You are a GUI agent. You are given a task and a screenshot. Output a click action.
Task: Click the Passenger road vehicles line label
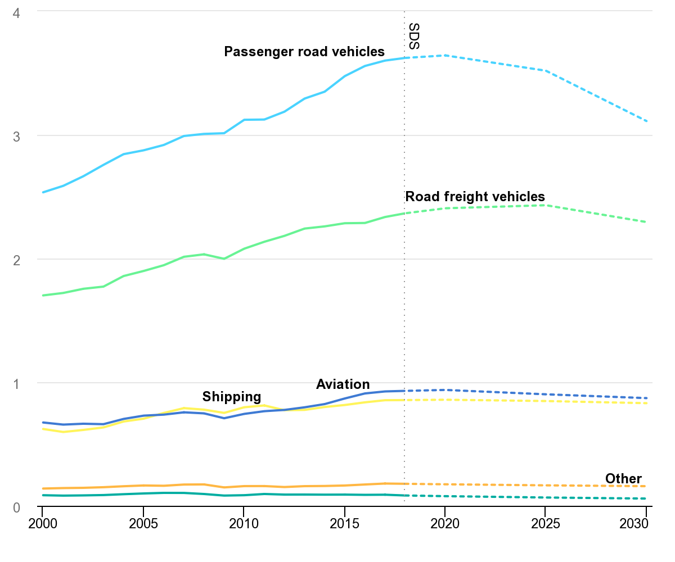(x=304, y=52)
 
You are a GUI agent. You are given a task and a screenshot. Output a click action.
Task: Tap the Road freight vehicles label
(x=475, y=197)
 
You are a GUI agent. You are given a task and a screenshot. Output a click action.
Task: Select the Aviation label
(x=343, y=384)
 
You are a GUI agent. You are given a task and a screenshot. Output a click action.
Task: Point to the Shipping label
(x=232, y=396)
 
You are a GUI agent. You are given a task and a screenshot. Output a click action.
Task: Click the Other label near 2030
(x=623, y=479)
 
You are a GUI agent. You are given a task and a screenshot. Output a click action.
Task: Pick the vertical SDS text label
(x=414, y=37)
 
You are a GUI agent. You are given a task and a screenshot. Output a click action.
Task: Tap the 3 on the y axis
(x=16, y=136)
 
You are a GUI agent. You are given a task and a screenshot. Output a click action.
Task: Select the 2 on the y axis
(x=16, y=260)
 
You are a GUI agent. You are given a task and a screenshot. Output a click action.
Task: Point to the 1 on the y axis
(x=16, y=383)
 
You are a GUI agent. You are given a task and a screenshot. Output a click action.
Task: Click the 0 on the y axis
(x=16, y=507)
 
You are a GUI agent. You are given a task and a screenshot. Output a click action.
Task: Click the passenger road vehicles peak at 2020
(x=445, y=56)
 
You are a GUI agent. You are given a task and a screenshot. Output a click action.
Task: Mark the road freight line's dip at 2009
(x=224, y=259)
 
